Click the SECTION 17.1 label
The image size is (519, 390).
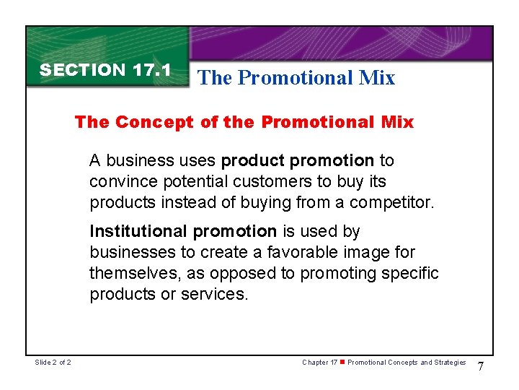(105, 70)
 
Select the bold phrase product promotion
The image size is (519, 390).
(298, 160)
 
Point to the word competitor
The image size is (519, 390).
(394, 201)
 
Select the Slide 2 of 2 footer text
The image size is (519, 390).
(52, 363)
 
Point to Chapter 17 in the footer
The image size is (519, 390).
(319, 363)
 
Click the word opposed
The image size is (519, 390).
(257, 274)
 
